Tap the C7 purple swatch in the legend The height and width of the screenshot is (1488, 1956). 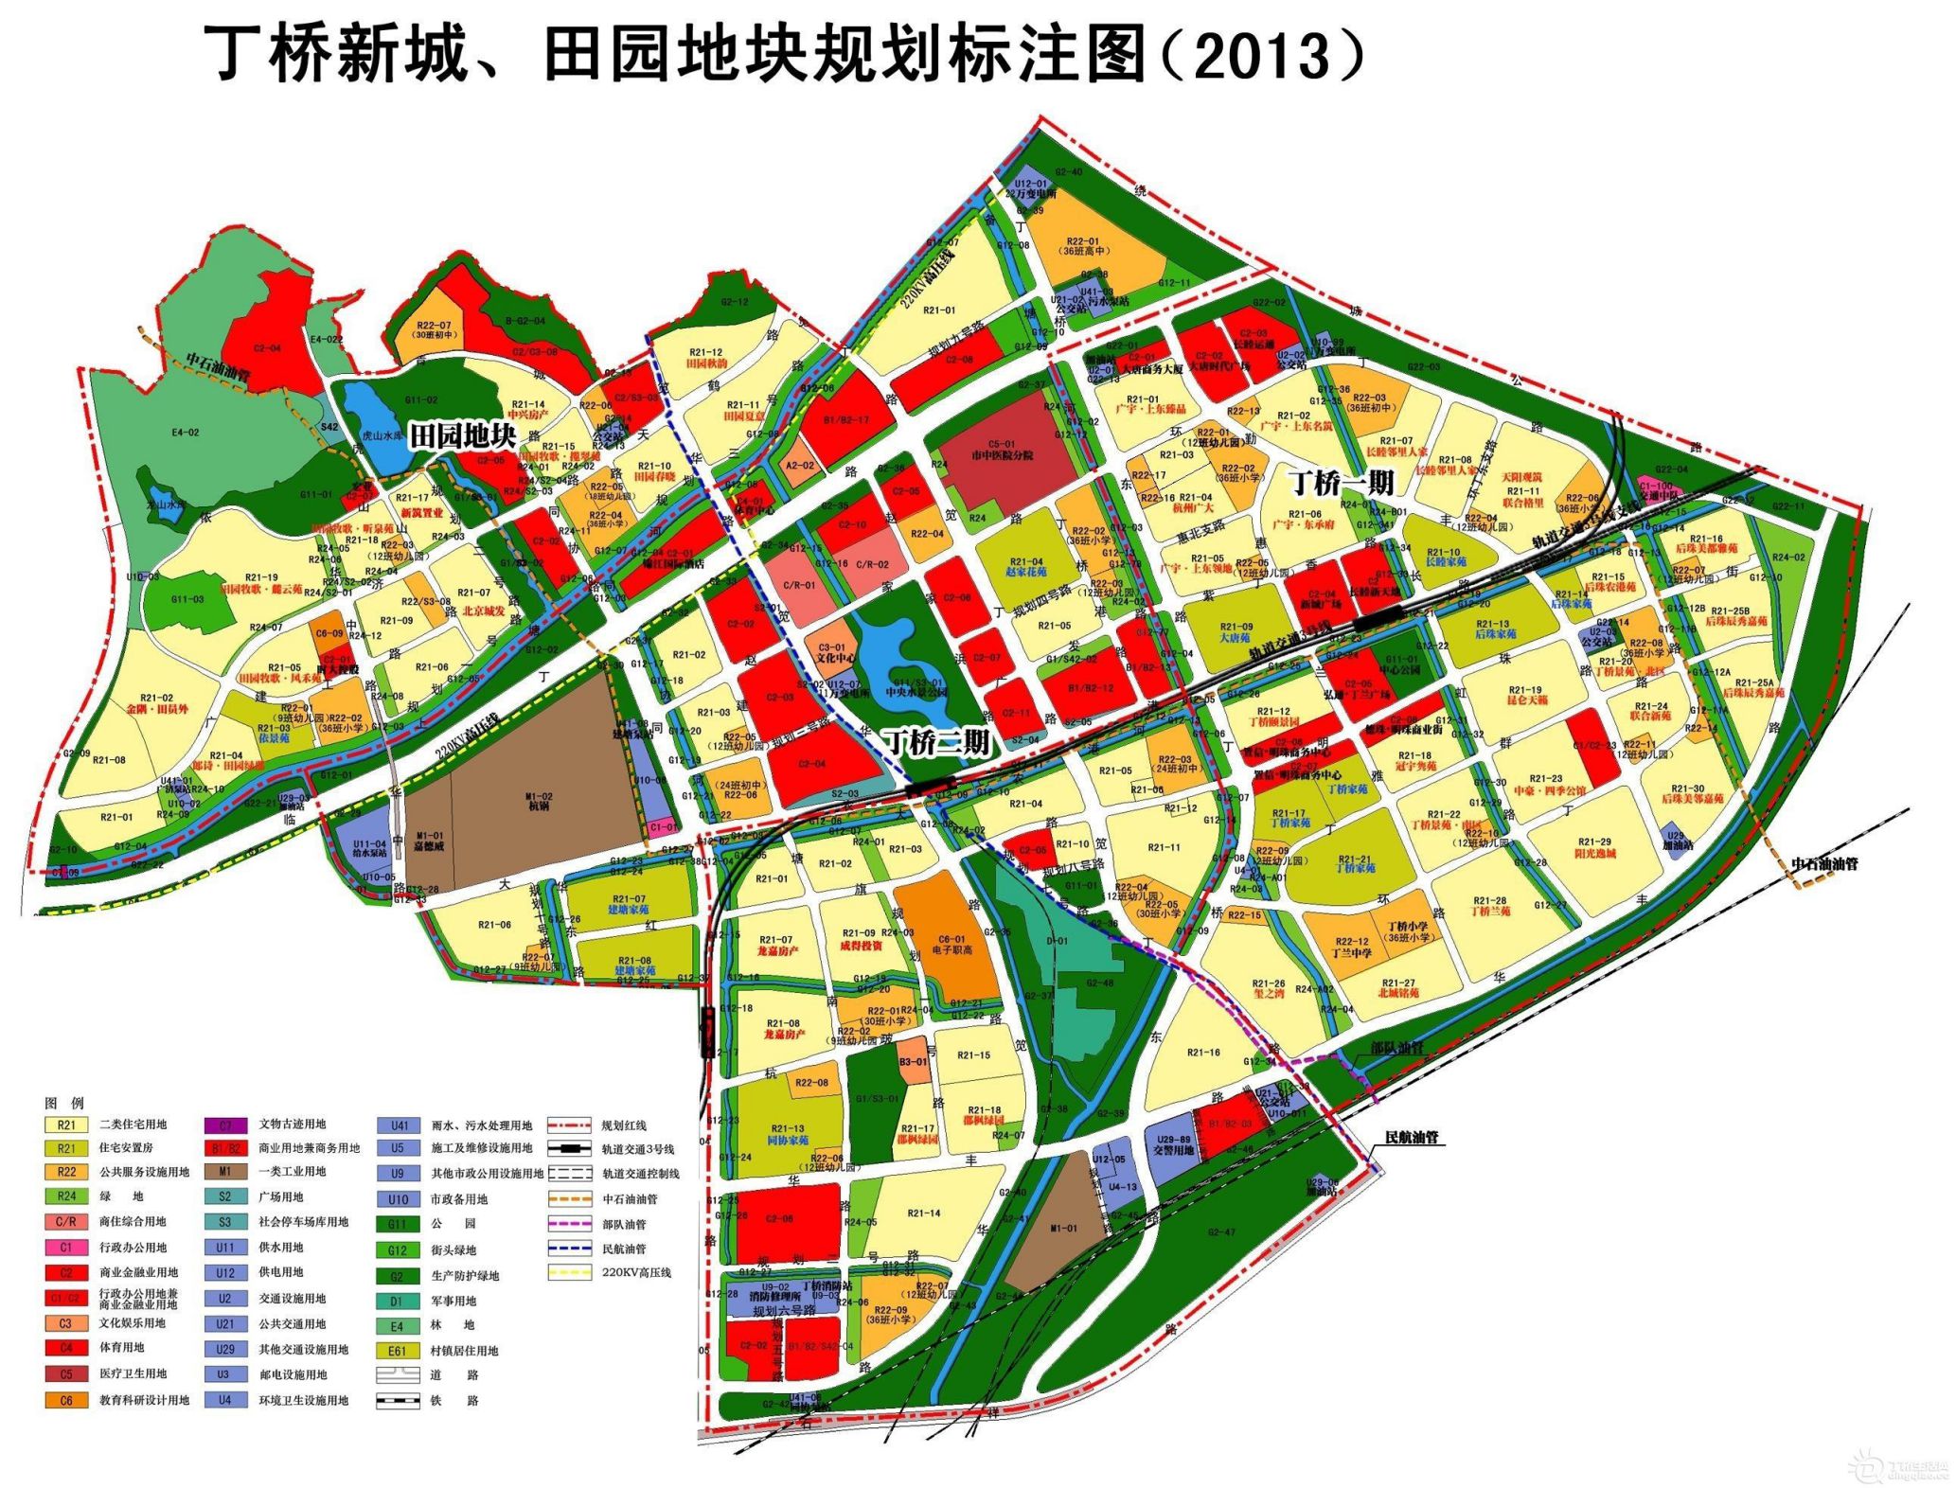(225, 1125)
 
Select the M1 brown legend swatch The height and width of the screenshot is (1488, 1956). (225, 1171)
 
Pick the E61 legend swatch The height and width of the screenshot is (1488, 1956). (397, 1351)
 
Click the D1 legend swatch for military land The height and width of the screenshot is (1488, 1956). (397, 1301)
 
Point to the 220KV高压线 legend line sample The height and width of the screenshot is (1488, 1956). (570, 1273)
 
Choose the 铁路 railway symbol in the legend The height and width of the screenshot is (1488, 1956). (397, 1401)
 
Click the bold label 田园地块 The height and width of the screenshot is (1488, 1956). (463, 436)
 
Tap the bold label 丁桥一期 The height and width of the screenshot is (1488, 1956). (1343, 484)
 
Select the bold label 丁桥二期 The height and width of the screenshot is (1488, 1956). (937, 742)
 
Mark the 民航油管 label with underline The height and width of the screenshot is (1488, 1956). (1412, 1137)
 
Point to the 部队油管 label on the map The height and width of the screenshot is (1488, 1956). (1397, 1048)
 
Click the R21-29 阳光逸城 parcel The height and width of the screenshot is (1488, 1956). (1593, 846)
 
